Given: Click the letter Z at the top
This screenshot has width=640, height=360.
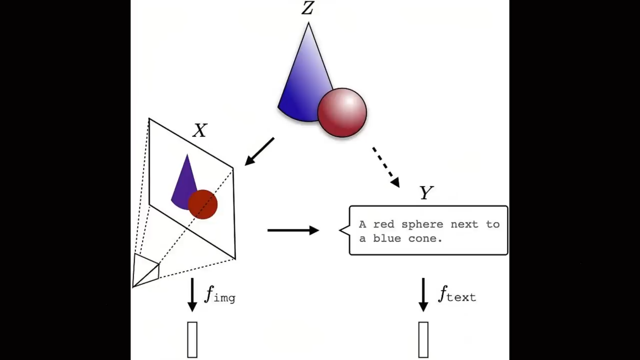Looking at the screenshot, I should pyautogui.click(x=307, y=8).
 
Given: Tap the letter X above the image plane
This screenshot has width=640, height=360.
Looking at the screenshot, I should pyautogui.click(x=200, y=131).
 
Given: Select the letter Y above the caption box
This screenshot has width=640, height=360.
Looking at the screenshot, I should pyautogui.click(x=426, y=193).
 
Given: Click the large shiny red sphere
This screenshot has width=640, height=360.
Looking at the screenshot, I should pyautogui.click(x=342, y=112).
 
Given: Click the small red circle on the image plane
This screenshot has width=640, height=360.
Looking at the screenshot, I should pyautogui.click(x=203, y=204).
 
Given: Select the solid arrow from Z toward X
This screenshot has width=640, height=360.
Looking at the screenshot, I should pyautogui.click(x=260, y=151).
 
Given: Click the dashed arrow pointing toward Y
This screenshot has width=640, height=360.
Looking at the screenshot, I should pyautogui.click(x=385, y=167).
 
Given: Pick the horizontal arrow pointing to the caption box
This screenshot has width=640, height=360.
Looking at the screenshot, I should pyautogui.click(x=293, y=230).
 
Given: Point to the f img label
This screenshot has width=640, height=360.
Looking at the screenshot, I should pyautogui.click(x=219, y=295).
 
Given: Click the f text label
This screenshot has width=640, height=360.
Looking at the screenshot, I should pyautogui.click(x=456, y=294).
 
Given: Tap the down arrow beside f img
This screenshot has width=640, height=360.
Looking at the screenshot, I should pyautogui.click(x=192, y=295).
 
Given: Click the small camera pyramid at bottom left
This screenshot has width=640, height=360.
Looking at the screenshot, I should pyautogui.click(x=145, y=270).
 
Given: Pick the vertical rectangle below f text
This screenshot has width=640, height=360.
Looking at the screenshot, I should pyautogui.click(x=423, y=340).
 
